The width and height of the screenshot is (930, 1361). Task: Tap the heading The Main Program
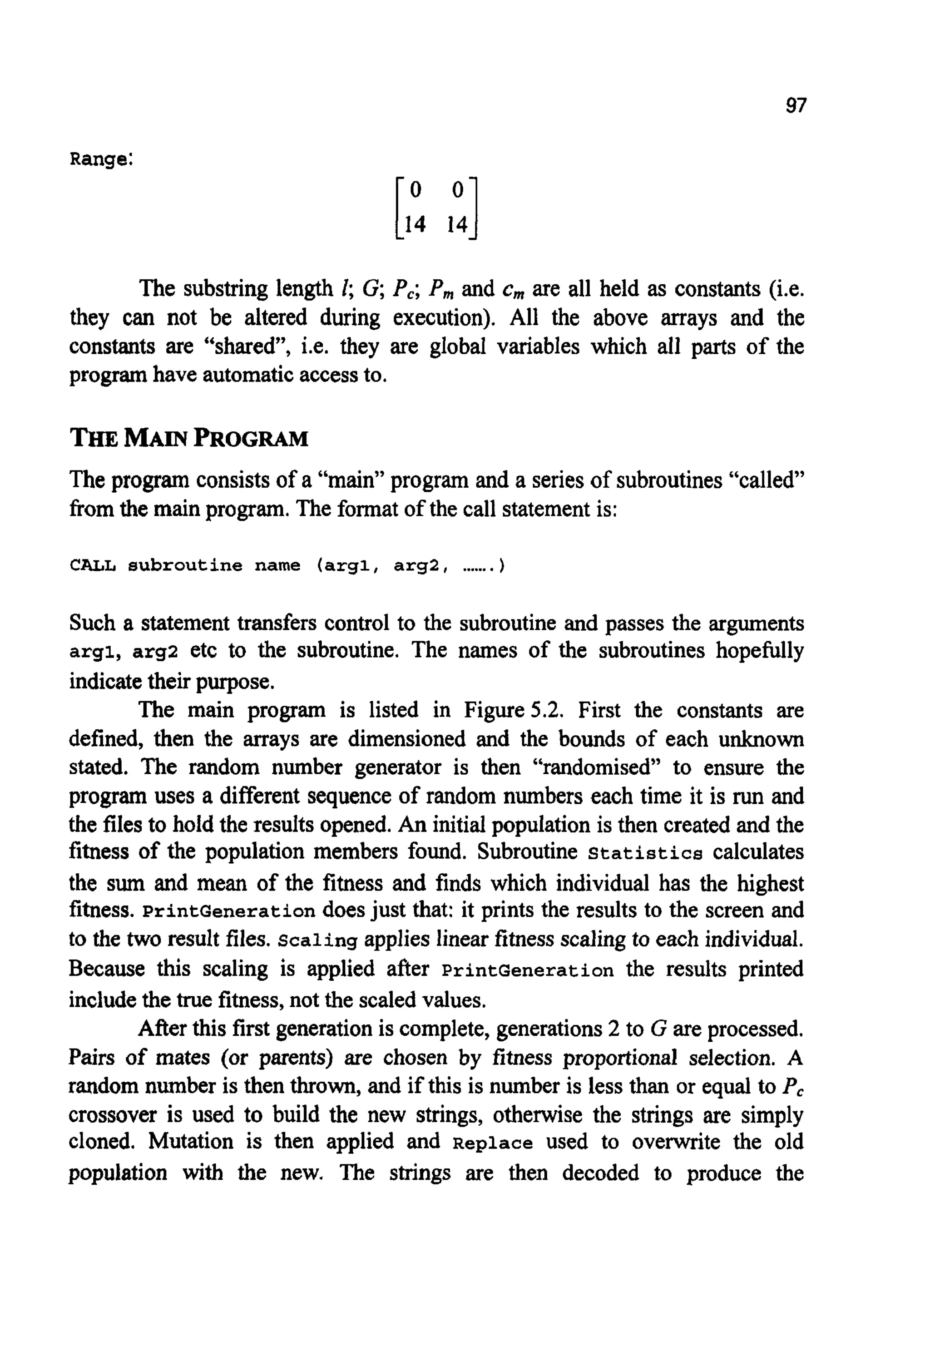188,439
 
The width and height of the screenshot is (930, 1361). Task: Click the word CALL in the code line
93,566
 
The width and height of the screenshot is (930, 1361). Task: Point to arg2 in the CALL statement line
417,566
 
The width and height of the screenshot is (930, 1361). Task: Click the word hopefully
759,651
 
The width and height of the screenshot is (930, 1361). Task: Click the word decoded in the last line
600,1173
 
